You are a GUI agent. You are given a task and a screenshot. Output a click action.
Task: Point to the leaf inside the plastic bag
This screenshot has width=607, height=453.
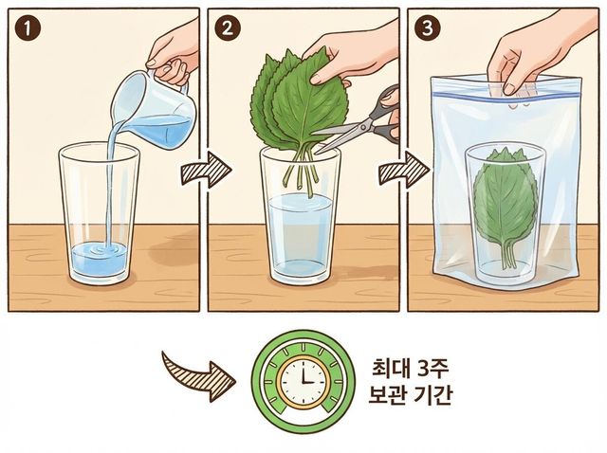(506, 204)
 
